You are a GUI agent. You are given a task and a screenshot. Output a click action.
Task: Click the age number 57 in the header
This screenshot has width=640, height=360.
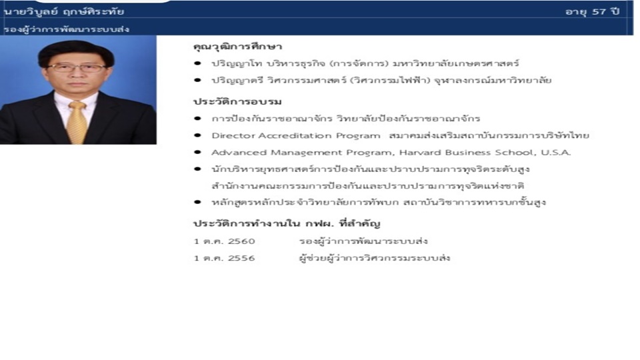(x=599, y=11)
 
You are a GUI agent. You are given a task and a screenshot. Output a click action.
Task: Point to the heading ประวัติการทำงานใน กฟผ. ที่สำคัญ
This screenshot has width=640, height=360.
(x=287, y=224)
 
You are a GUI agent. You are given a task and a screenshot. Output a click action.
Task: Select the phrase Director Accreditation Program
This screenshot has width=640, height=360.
(x=296, y=135)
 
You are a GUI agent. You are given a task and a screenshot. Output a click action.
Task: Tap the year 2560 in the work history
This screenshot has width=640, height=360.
(x=241, y=241)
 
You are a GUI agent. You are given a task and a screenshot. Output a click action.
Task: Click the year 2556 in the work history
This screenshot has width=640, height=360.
(x=241, y=258)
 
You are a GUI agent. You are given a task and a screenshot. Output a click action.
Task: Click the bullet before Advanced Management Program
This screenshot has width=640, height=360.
(x=198, y=152)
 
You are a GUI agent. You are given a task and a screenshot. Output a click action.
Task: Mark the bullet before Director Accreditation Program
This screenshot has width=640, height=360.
(x=198, y=135)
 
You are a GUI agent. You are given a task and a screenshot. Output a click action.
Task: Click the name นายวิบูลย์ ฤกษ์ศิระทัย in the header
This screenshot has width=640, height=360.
(x=64, y=11)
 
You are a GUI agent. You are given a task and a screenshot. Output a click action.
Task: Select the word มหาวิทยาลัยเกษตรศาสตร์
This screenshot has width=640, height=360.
(x=456, y=63)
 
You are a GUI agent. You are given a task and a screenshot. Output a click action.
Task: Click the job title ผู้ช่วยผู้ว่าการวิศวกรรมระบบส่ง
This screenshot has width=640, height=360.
(x=375, y=258)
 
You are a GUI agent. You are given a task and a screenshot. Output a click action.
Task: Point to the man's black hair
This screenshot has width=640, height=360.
(x=76, y=51)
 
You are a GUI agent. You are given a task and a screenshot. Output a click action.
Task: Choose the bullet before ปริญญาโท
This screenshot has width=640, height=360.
(x=198, y=63)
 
